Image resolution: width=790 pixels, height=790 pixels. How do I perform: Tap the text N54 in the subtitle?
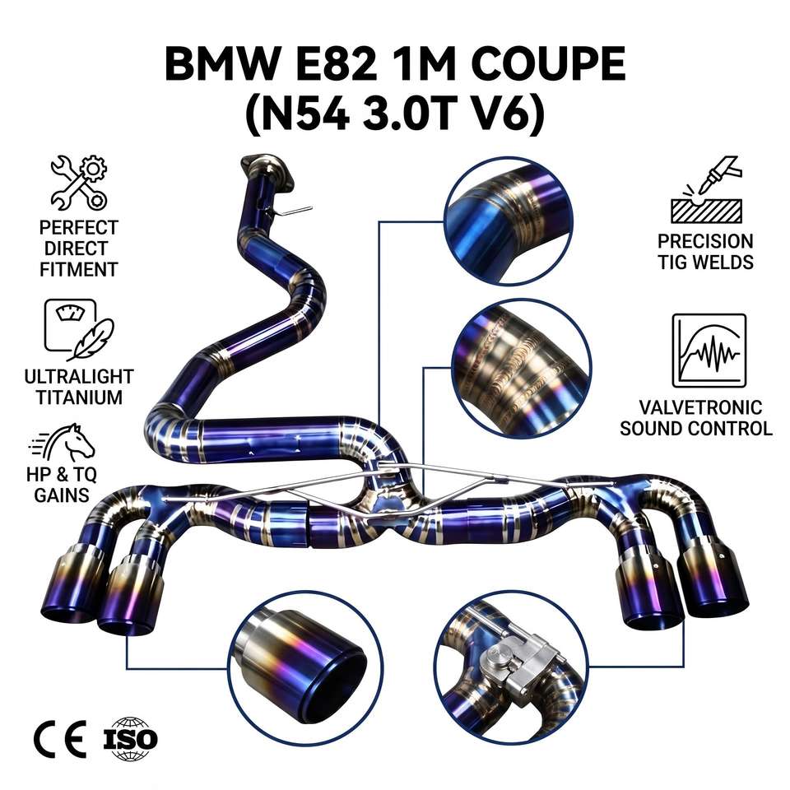[x=305, y=115]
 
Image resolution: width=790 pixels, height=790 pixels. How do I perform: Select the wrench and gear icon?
[x=79, y=183]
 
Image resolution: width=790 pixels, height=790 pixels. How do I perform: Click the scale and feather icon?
[x=79, y=329]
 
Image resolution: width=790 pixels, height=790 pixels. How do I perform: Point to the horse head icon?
[x=63, y=442]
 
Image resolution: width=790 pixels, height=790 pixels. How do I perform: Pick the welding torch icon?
[x=706, y=189]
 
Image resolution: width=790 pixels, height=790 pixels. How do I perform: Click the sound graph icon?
[x=709, y=351]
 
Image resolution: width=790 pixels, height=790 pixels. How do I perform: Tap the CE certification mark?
[x=60, y=739]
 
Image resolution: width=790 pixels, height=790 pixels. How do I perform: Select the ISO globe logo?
[x=131, y=739]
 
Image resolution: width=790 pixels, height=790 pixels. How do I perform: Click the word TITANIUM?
[x=79, y=397]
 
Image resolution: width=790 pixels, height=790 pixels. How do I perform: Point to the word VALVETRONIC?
[x=700, y=407]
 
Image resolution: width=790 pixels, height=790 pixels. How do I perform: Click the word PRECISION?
[x=705, y=241]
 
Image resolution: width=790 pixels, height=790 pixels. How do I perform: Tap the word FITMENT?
[x=79, y=270]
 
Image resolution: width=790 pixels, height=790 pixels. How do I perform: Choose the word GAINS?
[x=62, y=495]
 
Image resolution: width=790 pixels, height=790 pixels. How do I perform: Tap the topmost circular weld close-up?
[x=509, y=221]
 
